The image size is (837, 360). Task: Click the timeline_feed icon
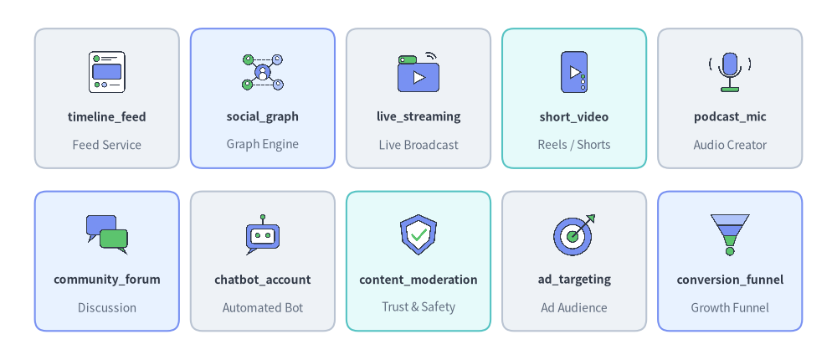(107, 72)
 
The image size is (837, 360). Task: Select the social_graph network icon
(263, 71)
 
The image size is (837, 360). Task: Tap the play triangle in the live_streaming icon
(419, 78)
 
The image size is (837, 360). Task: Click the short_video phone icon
(574, 72)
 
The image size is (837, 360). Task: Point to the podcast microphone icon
(730, 72)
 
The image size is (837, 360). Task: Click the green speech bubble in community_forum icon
(114, 239)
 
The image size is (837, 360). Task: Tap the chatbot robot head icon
(263, 235)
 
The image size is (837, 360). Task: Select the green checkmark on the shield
(418, 234)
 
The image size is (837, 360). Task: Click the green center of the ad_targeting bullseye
(573, 237)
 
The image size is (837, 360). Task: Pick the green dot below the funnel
(730, 250)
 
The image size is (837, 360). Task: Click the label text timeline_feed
(107, 117)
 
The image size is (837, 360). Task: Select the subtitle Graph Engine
(263, 144)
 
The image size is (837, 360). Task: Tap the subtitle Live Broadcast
(418, 145)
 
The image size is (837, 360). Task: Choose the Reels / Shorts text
(574, 145)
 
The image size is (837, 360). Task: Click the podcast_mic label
(730, 117)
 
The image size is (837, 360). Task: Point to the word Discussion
(107, 307)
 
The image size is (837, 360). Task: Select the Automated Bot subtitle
(263, 307)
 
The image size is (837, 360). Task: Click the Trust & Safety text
(418, 307)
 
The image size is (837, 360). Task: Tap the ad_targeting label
(574, 280)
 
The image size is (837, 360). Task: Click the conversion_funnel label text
(730, 280)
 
